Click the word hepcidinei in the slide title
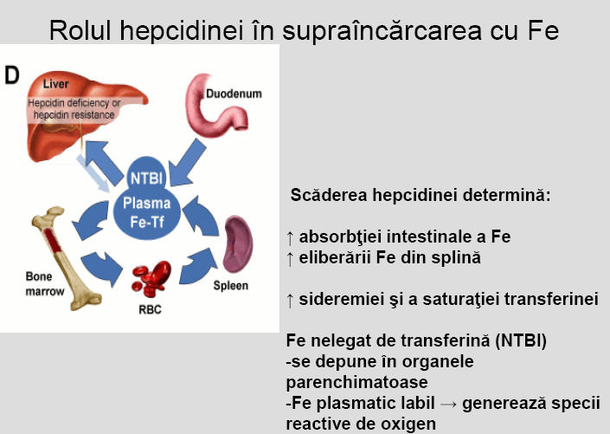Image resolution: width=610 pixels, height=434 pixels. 182,31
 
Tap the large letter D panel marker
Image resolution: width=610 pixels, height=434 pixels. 11,75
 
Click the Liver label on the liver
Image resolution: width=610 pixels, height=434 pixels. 55,84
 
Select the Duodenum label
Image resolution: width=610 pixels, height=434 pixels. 234,94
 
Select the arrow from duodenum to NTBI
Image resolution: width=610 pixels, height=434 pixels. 187,163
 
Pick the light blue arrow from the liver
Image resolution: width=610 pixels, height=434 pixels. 93,172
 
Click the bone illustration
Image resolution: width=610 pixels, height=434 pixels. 66,257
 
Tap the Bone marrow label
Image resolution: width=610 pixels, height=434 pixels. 44,283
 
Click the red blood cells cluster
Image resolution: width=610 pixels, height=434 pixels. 151,278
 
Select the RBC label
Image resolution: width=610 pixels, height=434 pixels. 151,309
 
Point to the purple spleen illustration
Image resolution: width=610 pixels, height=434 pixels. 238,244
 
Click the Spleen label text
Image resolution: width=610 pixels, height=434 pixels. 231,286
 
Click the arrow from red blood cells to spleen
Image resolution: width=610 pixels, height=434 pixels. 198,266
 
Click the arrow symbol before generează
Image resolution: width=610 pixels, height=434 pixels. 448,404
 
